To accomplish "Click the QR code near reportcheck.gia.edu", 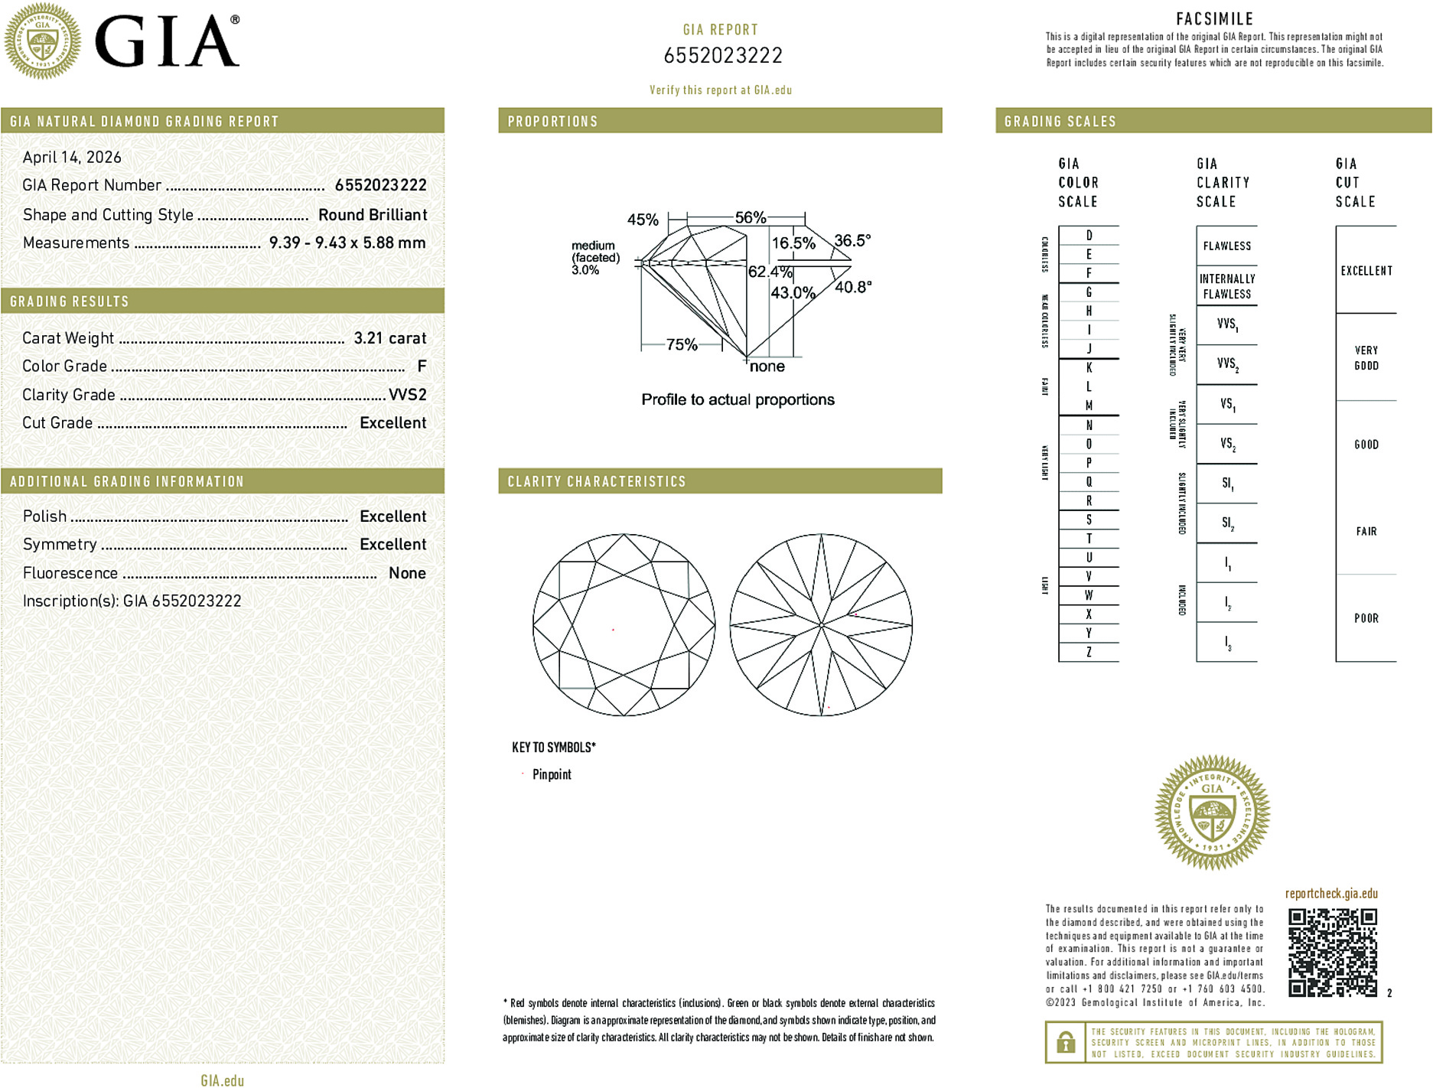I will click(1332, 953).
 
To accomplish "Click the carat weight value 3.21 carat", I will click(389, 338).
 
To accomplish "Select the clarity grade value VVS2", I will click(407, 395).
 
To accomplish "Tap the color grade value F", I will click(422, 366).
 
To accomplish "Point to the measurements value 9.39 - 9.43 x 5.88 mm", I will click(347, 243).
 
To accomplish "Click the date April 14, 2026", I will click(72, 158).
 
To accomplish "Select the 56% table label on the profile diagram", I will click(750, 217).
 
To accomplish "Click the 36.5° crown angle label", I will click(852, 240).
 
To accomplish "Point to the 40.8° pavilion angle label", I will click(853, 287).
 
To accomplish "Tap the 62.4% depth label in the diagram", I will click(769, 272).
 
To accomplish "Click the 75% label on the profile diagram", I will click(681, 344).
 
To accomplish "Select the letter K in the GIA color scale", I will click(1089, 368).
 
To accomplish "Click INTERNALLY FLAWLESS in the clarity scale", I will click(1226, 286).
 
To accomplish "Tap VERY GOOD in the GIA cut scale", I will click(1366, 357).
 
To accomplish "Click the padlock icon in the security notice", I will click(1065, 1042).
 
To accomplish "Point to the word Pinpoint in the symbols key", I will click(552, 774).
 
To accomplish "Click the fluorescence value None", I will click(407, 573).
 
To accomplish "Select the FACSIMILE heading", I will click(1214, 18).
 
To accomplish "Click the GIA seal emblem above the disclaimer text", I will click(1212, 813).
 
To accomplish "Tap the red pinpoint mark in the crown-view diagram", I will click(613, 630).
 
